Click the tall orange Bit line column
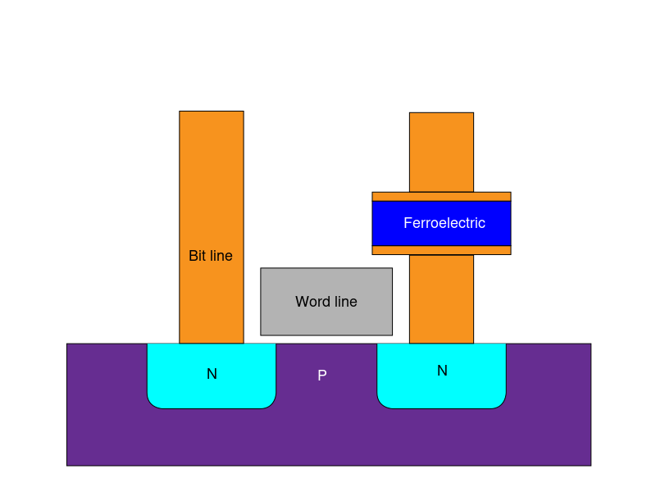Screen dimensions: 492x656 coord(212,180)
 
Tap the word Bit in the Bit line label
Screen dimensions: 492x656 coord(197,256)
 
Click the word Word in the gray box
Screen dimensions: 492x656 coord(312,302)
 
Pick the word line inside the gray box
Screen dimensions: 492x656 coord(344,302)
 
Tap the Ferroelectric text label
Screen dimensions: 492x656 coord(444,223)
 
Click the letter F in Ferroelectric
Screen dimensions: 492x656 coord(408,223)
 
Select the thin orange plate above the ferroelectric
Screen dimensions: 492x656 coord(441,197)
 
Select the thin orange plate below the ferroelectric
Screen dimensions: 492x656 coord(441,250)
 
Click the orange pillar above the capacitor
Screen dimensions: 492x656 coord(441,152)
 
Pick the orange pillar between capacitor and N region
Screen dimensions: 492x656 coord(441,299)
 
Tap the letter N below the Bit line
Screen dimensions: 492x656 coord(212,374)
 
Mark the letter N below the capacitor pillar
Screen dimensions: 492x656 coord(442,371)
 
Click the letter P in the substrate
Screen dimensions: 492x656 coord(322,376)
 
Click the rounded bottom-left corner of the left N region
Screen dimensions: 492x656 coord(153,402)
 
